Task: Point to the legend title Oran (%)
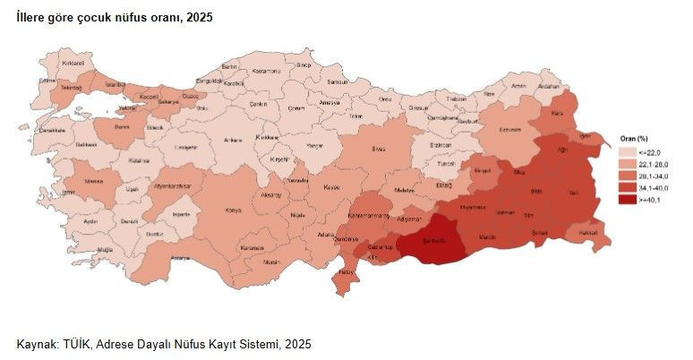click(634, 140)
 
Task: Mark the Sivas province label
click(379, 146)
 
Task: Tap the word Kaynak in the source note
click(38, 344)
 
